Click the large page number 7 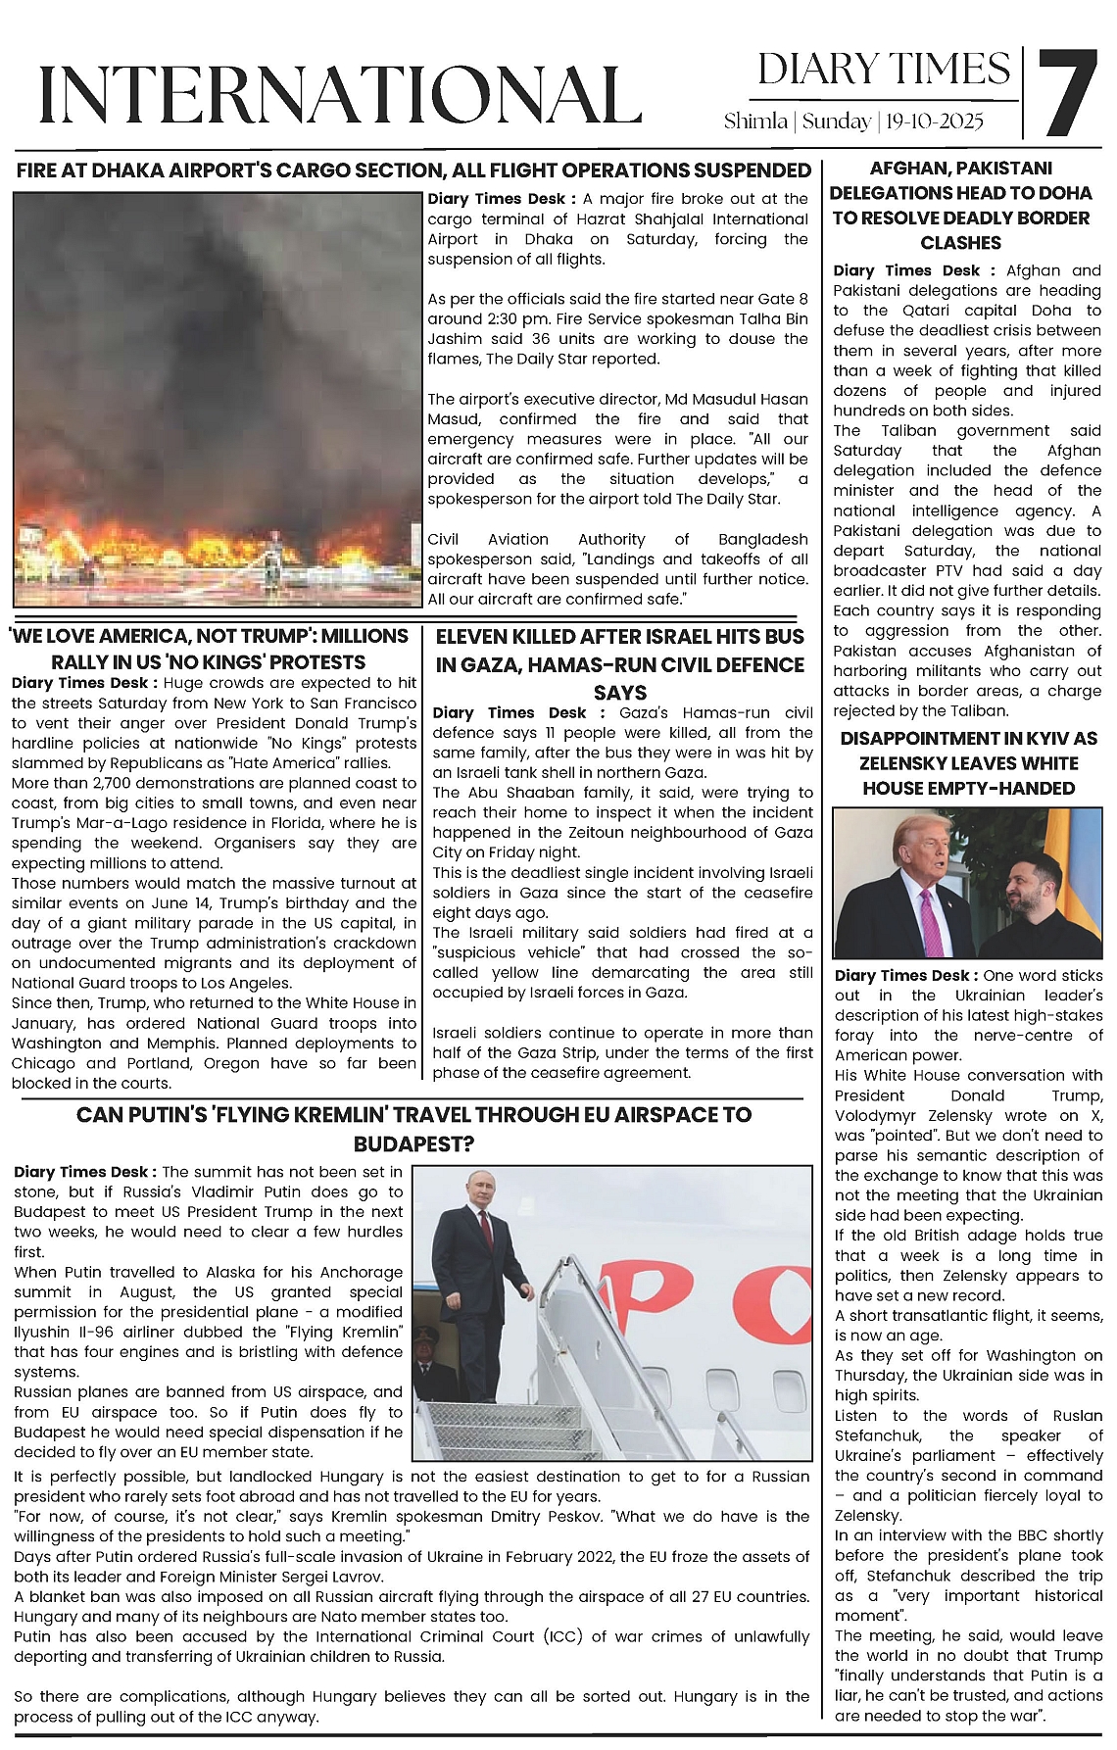point(1068,94)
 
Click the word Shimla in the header point(755,122)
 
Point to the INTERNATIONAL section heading point(339,95)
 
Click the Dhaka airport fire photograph point(218,399)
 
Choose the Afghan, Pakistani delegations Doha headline point(960,205)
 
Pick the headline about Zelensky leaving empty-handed point(968,763)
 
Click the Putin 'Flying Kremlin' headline point(413,1129)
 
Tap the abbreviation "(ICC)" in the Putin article point(561,1636)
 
